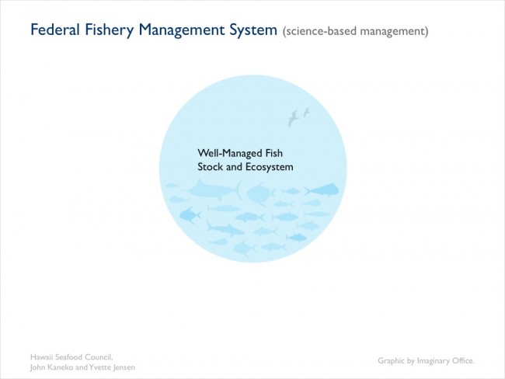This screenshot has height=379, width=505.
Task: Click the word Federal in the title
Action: click(54, 30)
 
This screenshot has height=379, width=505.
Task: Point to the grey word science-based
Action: click(320, 31)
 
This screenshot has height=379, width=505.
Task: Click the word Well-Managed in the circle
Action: click(230, 153)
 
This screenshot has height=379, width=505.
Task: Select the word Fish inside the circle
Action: click(274, 153)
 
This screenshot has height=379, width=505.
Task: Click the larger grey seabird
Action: click(293, 118)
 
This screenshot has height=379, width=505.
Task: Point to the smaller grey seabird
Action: click(306, 113)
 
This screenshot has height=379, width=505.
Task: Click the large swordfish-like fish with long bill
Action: click(214, 189)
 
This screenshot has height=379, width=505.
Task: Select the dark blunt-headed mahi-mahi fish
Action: click(322, 190)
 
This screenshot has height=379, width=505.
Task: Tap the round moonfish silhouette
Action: click(260, 194)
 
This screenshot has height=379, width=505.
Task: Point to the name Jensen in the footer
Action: click(124, 367)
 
